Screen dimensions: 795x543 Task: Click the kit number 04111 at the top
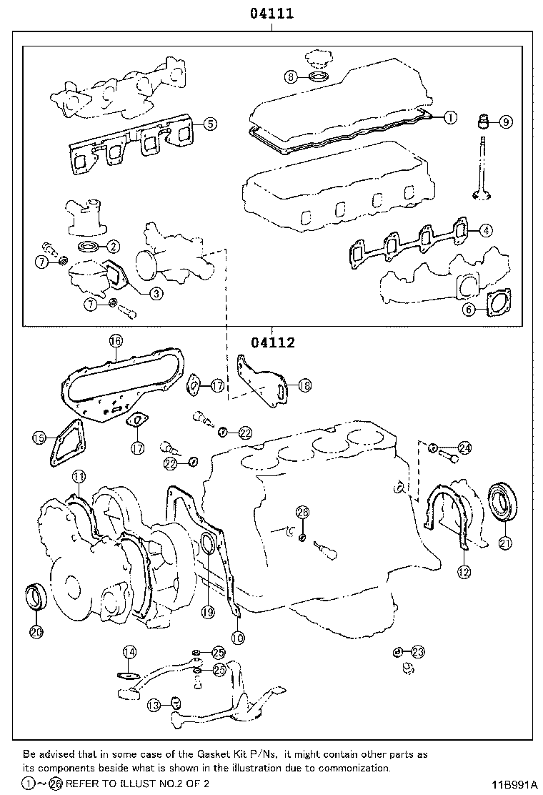(271, 13)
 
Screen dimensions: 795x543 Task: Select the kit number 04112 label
(272, 342)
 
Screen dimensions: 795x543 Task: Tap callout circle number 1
(449, 117)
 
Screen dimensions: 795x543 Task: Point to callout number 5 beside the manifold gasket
(209, 124)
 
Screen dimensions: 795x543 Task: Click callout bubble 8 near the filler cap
(290, 76)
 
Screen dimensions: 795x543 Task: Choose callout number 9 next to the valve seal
(504, 122)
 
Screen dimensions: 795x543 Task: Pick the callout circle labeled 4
(485, 230)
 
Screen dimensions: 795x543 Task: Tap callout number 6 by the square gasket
(469, 309)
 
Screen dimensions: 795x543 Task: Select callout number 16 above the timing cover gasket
(116, 341)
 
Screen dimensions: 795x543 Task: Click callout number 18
(304, 385)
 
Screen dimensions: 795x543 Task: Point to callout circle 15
(39, 438)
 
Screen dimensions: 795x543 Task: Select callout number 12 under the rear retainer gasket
(464, 571)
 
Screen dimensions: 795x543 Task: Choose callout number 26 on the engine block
(302, 512)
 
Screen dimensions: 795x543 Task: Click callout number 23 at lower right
(417, 651)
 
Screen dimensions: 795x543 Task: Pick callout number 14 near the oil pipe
(129, 651)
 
